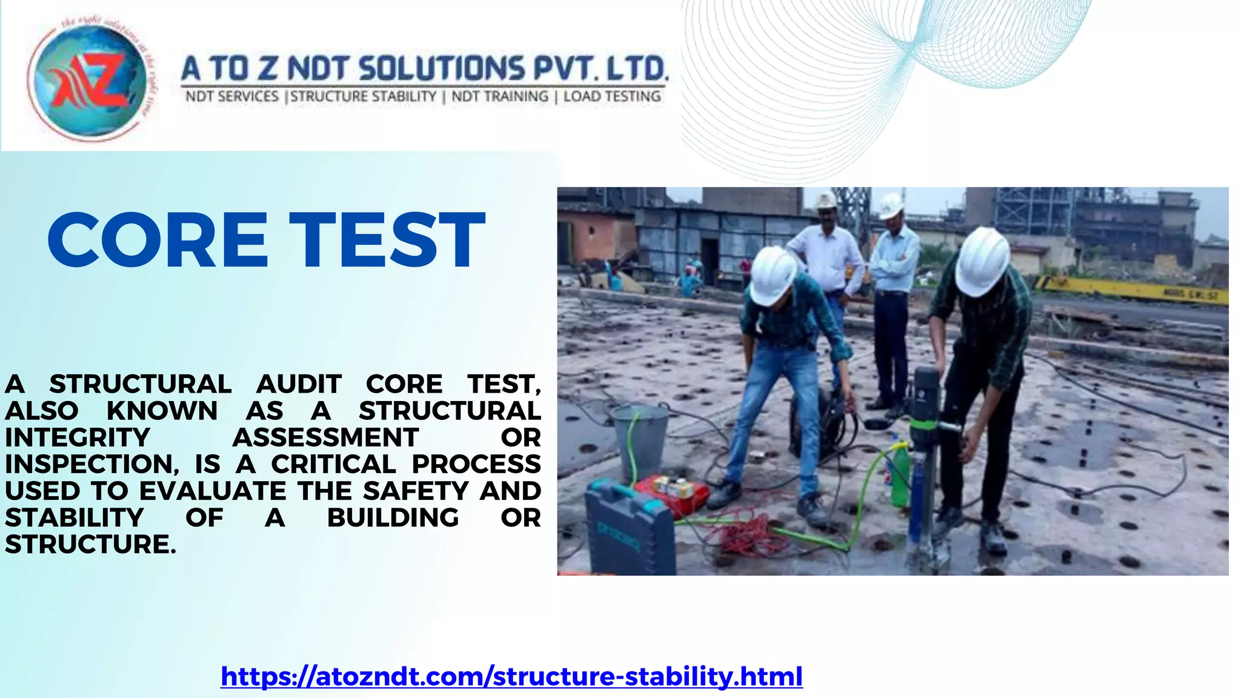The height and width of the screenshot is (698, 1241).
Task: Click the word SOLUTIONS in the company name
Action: (x=442, y=68)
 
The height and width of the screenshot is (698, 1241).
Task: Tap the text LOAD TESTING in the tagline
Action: (x=612, y=96)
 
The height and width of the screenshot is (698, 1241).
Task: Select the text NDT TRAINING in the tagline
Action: (x=500, y=96)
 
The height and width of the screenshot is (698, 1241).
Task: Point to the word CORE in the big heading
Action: (x=157, y=240)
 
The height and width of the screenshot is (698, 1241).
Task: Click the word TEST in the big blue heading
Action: (x=387, y=240)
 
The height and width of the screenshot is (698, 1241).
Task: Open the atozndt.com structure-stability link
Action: (x=511, y=676)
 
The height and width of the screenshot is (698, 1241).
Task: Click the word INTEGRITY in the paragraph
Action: (x=77, y=437)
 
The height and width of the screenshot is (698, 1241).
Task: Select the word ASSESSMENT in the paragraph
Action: (x=325, y=437)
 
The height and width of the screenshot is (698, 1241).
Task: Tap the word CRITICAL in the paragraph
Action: (x=333, y=464)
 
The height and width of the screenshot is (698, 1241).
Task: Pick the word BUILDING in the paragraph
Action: (x=393, y=517)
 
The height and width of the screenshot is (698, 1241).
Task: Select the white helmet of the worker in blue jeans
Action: (x=773, y=276)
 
